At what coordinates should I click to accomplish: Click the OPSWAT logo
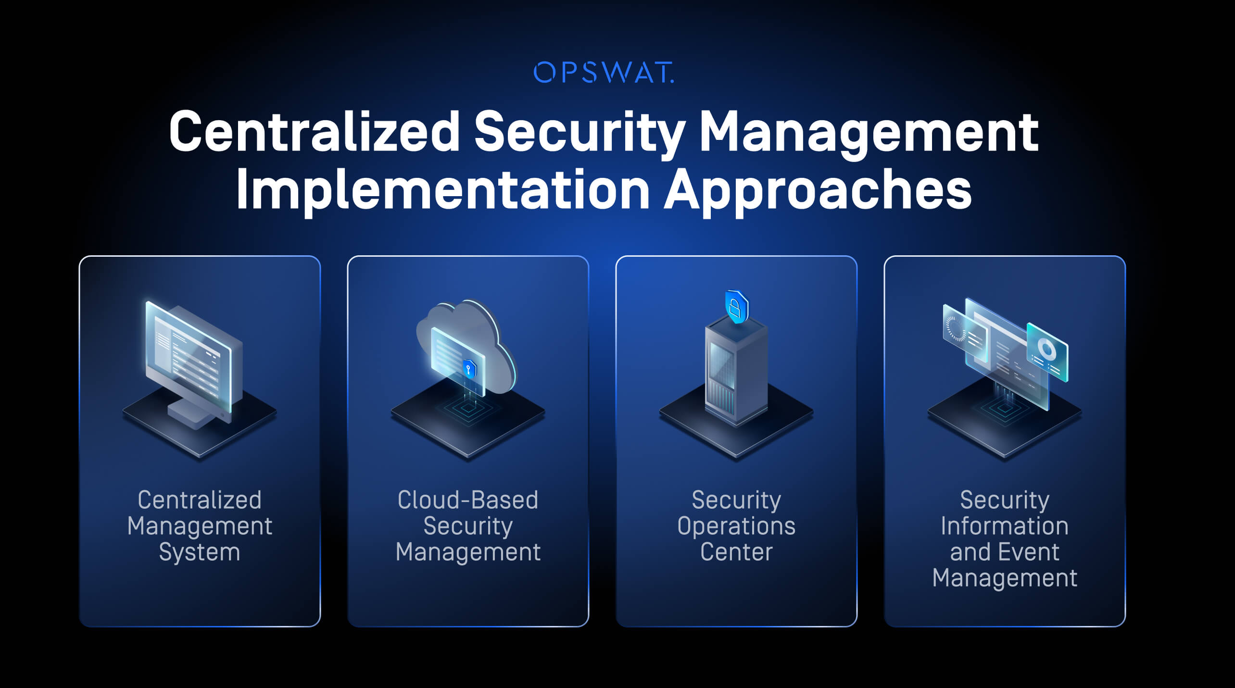[604, 73]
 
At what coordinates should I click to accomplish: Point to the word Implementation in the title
[442, 189]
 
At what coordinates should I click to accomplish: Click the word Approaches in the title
[818, 189]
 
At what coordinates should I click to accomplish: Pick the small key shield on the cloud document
[469, 369]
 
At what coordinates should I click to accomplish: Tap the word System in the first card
[199, 552]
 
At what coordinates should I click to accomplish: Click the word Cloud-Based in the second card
[467, 500]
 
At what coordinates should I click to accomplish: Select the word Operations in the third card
[736, 526]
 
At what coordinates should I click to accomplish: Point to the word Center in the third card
[736, 552]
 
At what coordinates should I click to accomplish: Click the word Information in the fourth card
[1004, 526]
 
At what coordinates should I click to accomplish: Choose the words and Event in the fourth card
[1004, 552]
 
